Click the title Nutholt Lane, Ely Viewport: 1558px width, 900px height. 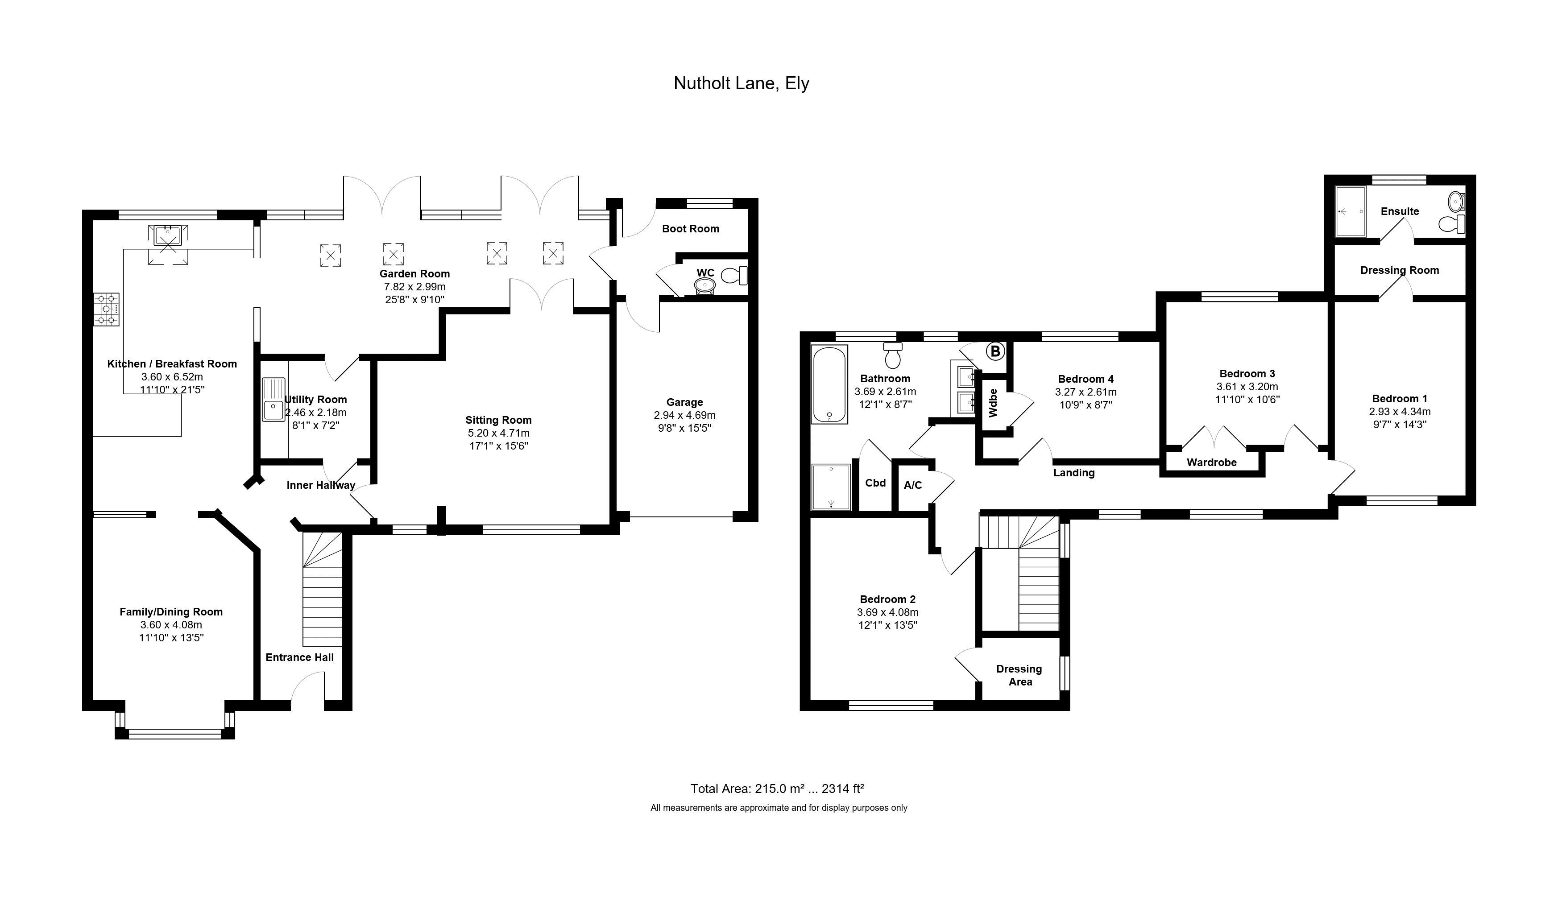(x=741, y=83)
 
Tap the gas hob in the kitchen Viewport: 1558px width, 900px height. (x=106, y=309)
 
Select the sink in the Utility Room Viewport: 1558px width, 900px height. (x=273, y=399)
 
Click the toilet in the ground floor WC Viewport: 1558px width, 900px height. (x=734, y=275)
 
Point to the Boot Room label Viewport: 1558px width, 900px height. (x=691, y=229)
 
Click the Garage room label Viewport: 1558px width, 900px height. (x=684, y=402)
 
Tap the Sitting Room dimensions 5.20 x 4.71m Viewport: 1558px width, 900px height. (x=498, y=433)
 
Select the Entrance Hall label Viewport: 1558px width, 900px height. (x=300, y=657)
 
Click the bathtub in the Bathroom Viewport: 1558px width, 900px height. (x=829, y=384)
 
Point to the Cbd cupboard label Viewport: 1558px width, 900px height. (x=875, y=483)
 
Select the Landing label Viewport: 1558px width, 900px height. (x=1074, y=473)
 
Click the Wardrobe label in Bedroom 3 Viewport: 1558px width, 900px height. (x=1212, y=462)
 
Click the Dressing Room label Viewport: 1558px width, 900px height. (x=1400, y=270)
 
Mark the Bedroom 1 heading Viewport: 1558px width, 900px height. (x=1400, y=399)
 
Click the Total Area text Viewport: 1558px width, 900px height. (x=777, y=789)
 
